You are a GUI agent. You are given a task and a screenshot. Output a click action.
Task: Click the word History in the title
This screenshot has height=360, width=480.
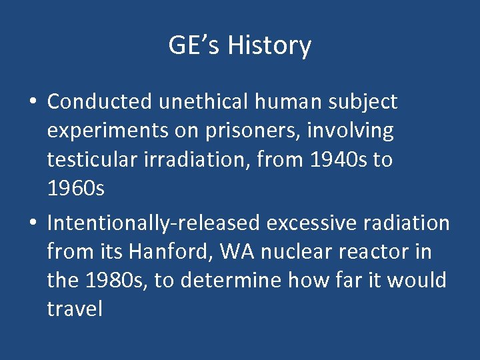pos(269,46)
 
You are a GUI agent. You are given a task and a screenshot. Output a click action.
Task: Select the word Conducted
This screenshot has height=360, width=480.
pos(100,101)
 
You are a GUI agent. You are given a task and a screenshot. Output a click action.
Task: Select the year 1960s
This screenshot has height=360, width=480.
pos(75,189)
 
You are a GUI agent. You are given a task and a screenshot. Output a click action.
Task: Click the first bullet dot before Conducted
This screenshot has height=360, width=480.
pos(33,102)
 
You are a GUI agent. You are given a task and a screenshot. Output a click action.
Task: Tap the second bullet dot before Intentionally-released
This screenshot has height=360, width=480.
pos(33,223)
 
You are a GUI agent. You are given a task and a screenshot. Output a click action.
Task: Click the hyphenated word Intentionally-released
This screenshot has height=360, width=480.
pos(154,223)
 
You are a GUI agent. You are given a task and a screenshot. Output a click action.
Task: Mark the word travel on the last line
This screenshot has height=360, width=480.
pos(75,309)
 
